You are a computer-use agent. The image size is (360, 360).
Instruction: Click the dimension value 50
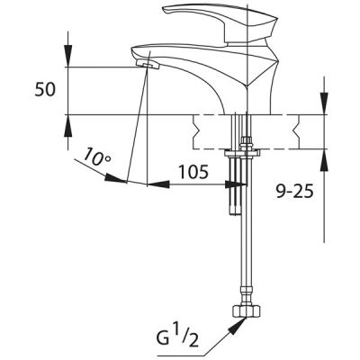45,90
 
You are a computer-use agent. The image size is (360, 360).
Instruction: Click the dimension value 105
193,172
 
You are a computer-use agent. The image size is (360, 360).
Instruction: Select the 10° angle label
96,157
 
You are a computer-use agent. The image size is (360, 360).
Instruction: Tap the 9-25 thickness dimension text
294,191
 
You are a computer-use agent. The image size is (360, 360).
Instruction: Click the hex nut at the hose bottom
247,311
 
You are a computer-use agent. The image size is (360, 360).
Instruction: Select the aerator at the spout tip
147,65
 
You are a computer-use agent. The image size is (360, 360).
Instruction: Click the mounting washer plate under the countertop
242,153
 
